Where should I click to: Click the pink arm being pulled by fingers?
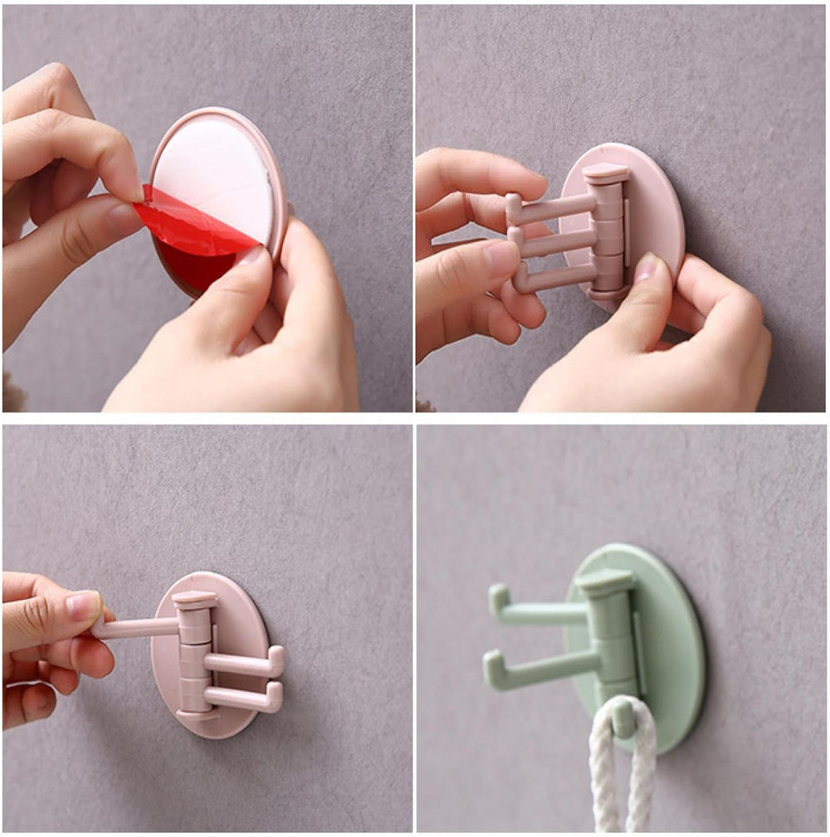(137, 627)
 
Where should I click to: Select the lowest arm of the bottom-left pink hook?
(241, 698)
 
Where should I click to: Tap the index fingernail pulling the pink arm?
(84, 605)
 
